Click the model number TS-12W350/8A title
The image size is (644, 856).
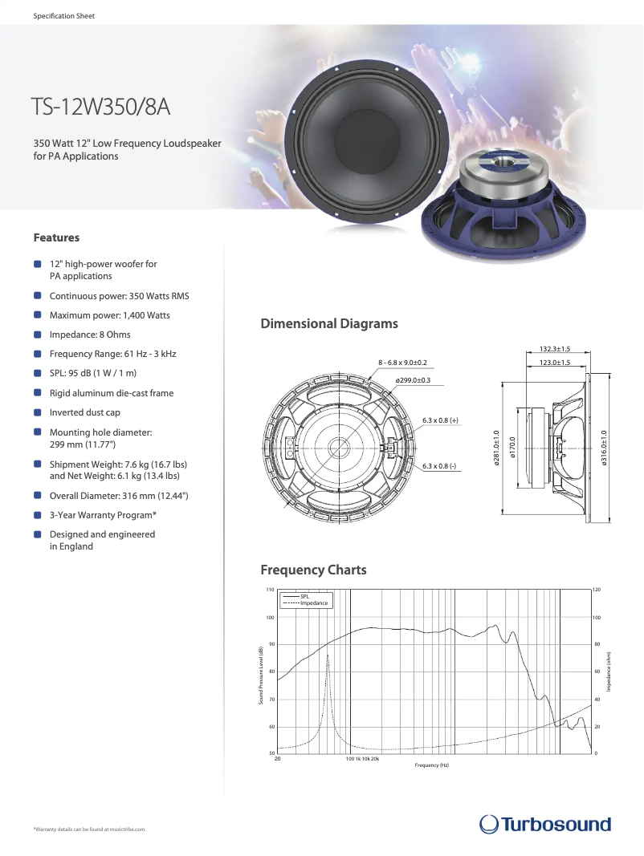100,108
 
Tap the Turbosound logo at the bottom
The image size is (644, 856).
545,824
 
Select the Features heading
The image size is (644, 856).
56,237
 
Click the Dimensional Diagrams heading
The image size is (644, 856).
328,324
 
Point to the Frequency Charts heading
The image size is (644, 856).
313,570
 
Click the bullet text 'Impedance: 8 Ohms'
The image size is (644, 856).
90,335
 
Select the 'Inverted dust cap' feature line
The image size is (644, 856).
85,412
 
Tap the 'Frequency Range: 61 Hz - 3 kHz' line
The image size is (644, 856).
112,354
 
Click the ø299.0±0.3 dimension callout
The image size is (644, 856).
413,379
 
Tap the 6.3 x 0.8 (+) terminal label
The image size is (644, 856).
440,420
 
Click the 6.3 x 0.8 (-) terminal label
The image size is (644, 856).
439,466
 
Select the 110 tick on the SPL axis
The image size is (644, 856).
270,590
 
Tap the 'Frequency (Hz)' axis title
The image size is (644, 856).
431,765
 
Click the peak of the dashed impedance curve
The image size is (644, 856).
328,655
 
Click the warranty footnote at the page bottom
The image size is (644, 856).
89,829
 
